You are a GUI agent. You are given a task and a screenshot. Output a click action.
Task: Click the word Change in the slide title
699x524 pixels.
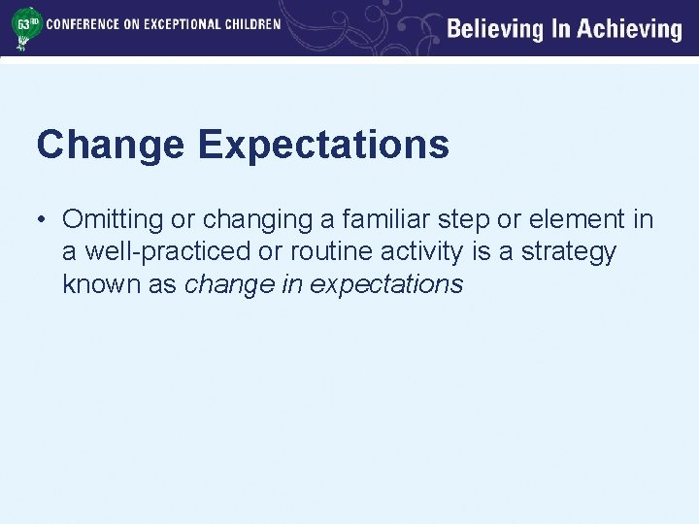pyautogui.click(x=110, y=145)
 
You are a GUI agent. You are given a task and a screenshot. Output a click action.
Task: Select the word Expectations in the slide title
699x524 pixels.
pyautogui.click(x=323, y=145)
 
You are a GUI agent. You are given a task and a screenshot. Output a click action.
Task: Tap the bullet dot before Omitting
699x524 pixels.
pyautogui.click(x=44, y=220)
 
